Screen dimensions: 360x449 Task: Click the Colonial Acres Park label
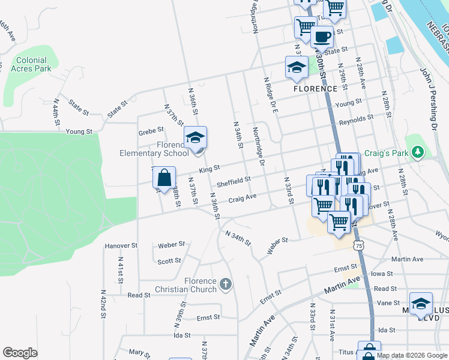tap(31, 64)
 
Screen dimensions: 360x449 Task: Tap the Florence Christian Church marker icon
tap(226, 283)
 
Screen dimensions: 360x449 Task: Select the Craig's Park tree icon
tap(415, 152)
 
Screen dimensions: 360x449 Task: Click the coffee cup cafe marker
tap(322, 37)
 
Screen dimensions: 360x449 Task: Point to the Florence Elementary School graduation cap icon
tap(195, 137)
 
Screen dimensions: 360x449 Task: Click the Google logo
tap(20, 353)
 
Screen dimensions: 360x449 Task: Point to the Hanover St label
tap(121, 246)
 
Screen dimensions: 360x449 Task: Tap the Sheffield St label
tap(234, 181)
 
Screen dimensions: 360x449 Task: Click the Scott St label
tap(169, 261)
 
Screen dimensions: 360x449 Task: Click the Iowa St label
tap(382, 274)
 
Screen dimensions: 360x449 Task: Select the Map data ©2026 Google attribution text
tap(412, 355)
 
